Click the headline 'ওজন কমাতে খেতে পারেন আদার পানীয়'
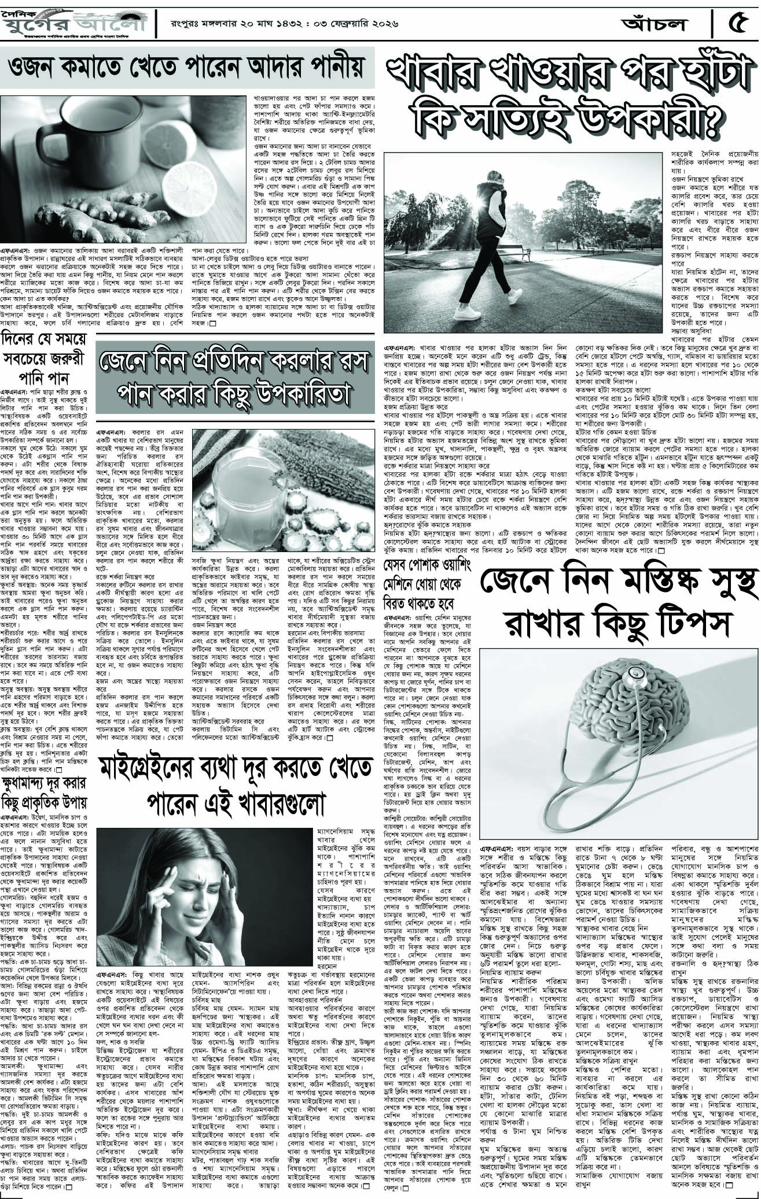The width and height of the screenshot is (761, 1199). click(185, 70)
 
